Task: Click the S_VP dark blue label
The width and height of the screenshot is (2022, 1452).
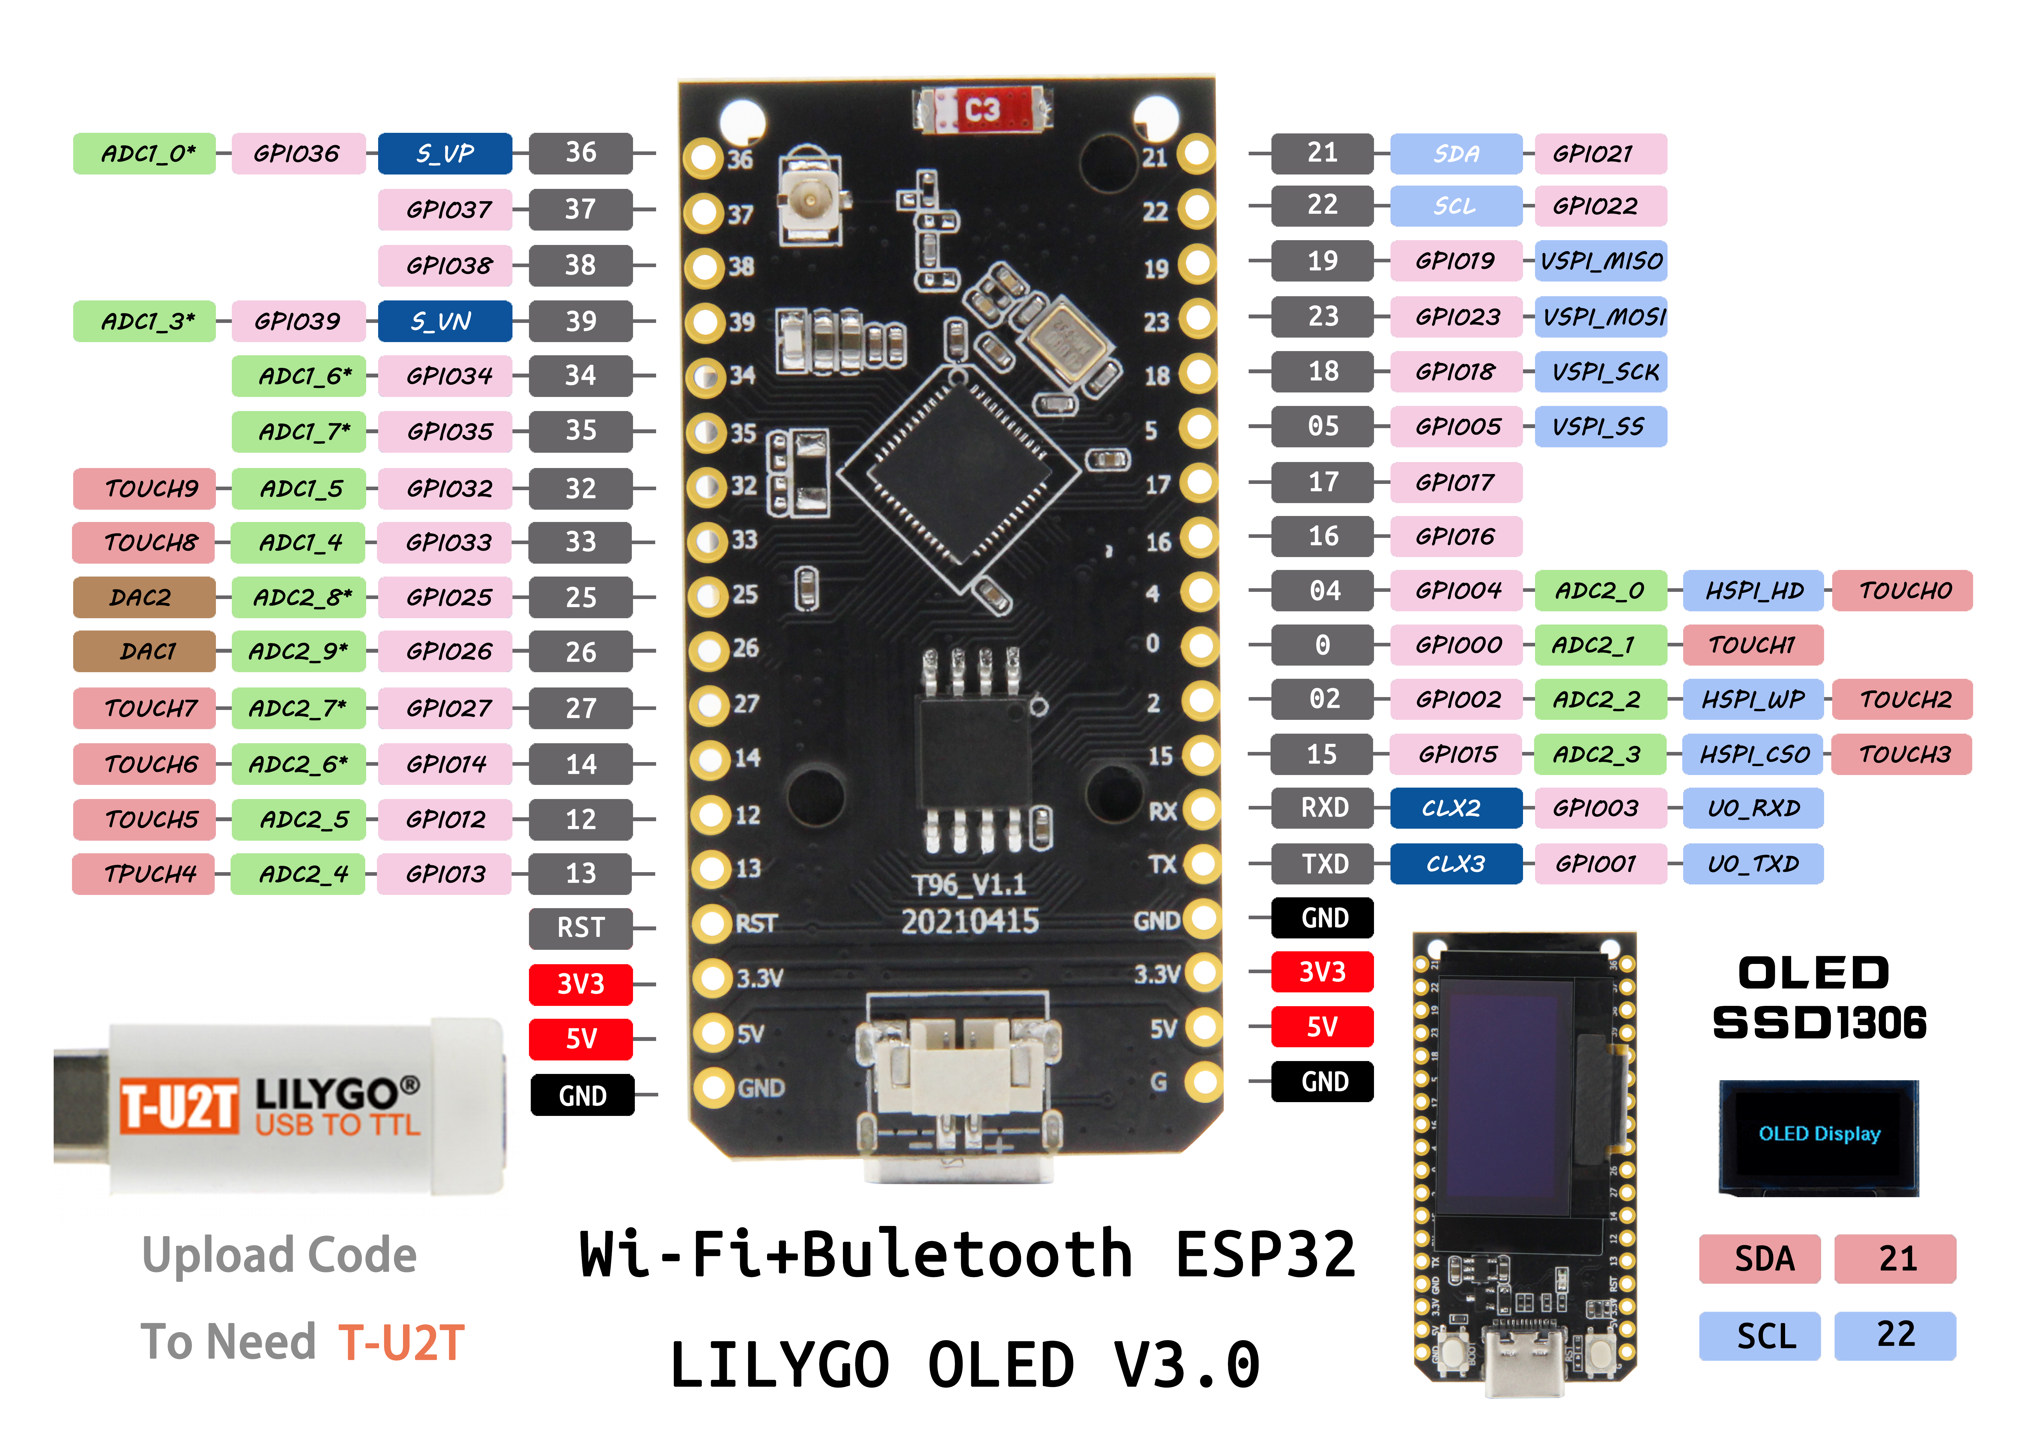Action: pyautogui.click(x=445, y=153)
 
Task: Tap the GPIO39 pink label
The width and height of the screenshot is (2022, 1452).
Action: pyautogui.click(x=298, y=321)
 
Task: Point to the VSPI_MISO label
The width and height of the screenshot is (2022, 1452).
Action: pyautogui.click(x=1600, y=261)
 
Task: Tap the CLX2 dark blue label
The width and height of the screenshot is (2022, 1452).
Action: pyautogui.click(x=1455, y=809)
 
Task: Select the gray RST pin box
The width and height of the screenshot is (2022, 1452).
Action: pyautogui.click(x=580, y=928)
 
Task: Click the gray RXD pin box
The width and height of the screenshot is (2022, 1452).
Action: pyautogui.click(x=1323, y=809)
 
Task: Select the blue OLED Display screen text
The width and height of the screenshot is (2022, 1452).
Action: pyautogui.click(x=1819, y=1134)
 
